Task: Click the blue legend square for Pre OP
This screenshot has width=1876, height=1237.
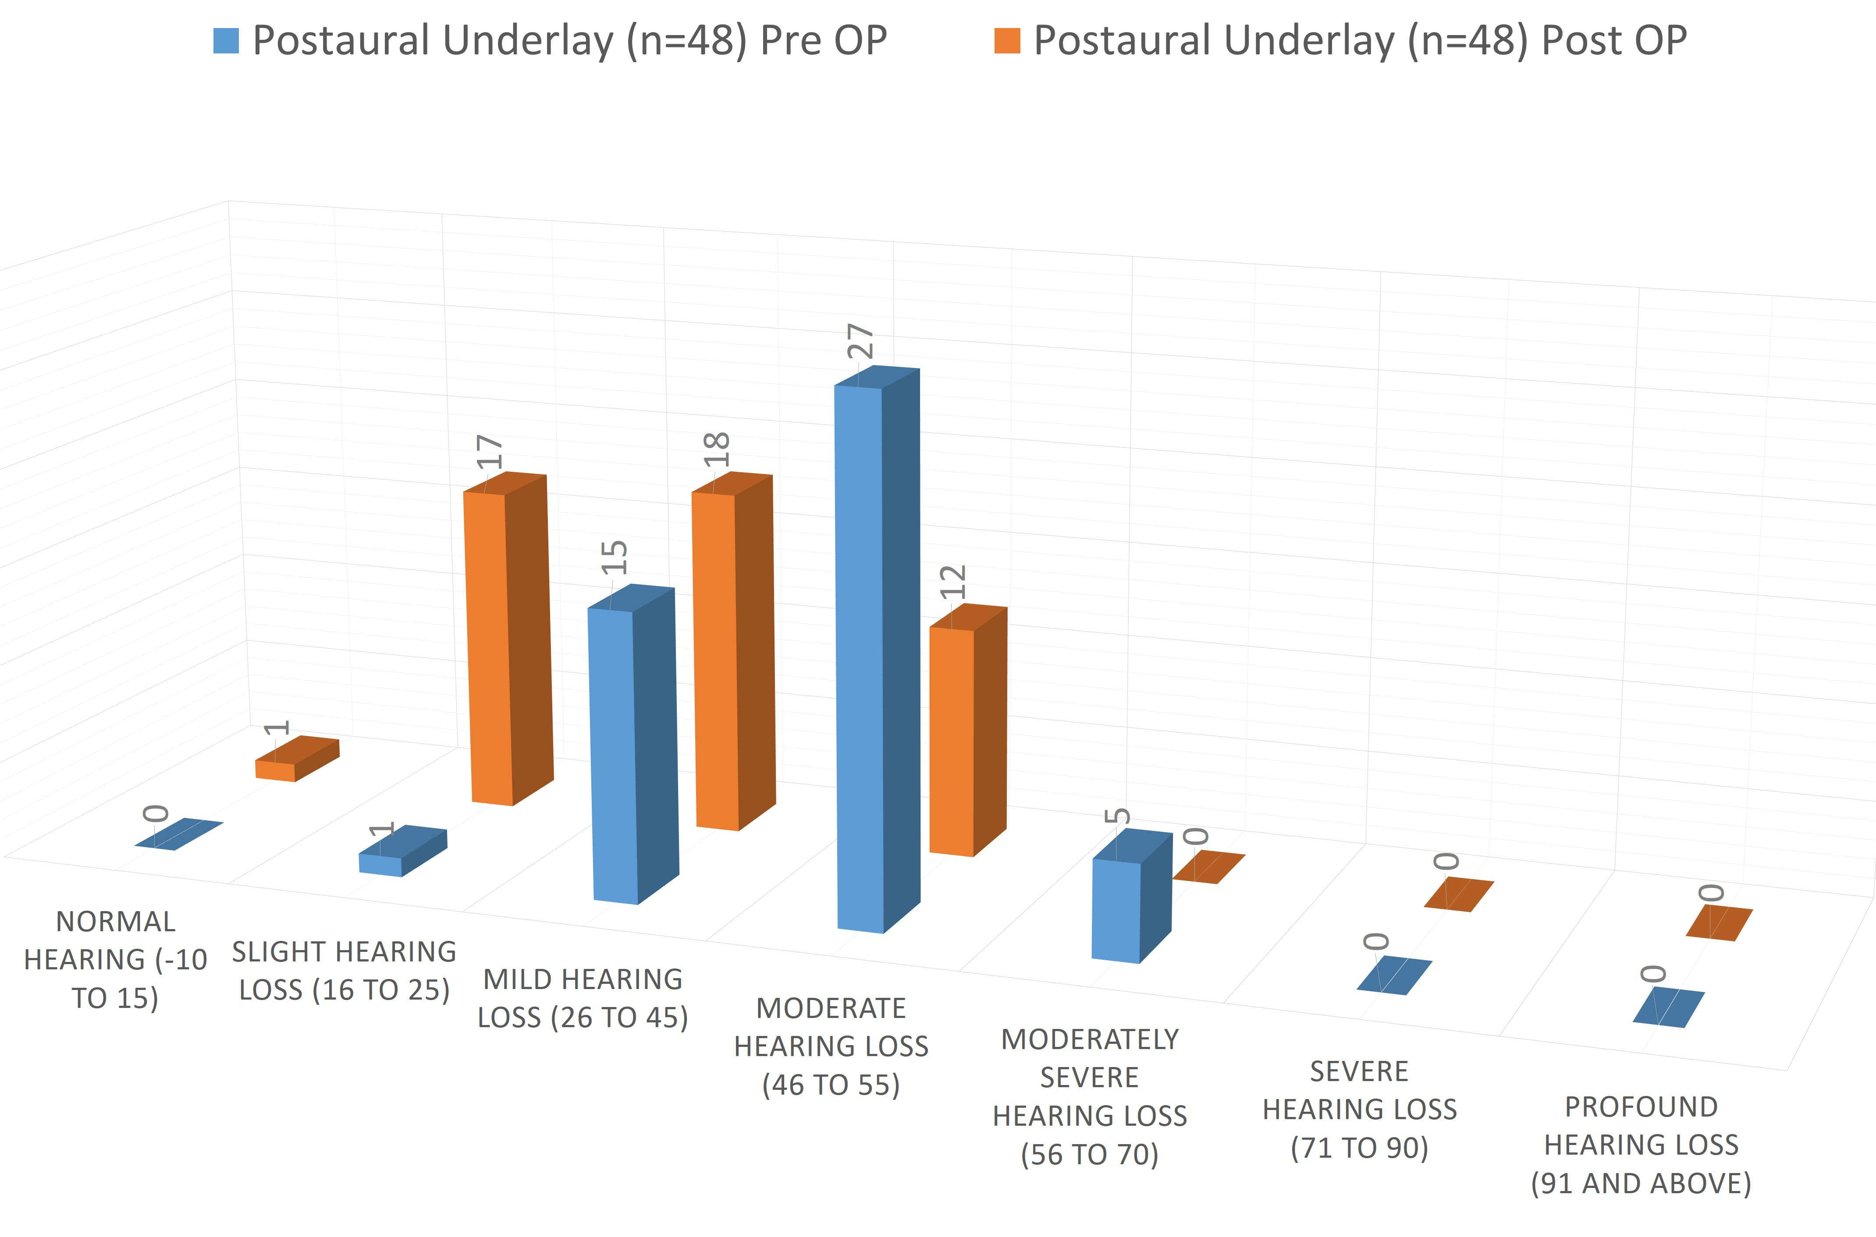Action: pyautogui.click(x=226, y=41)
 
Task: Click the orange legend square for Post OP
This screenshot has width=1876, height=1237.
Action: pyautogui.click(x=1007, y=41)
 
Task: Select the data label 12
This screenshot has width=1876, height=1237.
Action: pyautogui.click(x=953, y=582)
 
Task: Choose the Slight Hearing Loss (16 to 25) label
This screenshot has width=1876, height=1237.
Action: pyautogui.click(x=344, y=970)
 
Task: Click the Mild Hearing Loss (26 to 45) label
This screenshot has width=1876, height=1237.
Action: pyautogui.click(x=583, y=998)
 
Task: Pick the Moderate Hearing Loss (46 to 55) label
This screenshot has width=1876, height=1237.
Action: pyautogui.click(x=831, y=1046)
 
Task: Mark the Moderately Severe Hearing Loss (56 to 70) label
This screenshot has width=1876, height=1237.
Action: pyautogui.click(x=1090, y=1096)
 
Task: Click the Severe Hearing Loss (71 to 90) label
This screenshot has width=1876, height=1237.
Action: pyautogui.click(x=1359, y=1109)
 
